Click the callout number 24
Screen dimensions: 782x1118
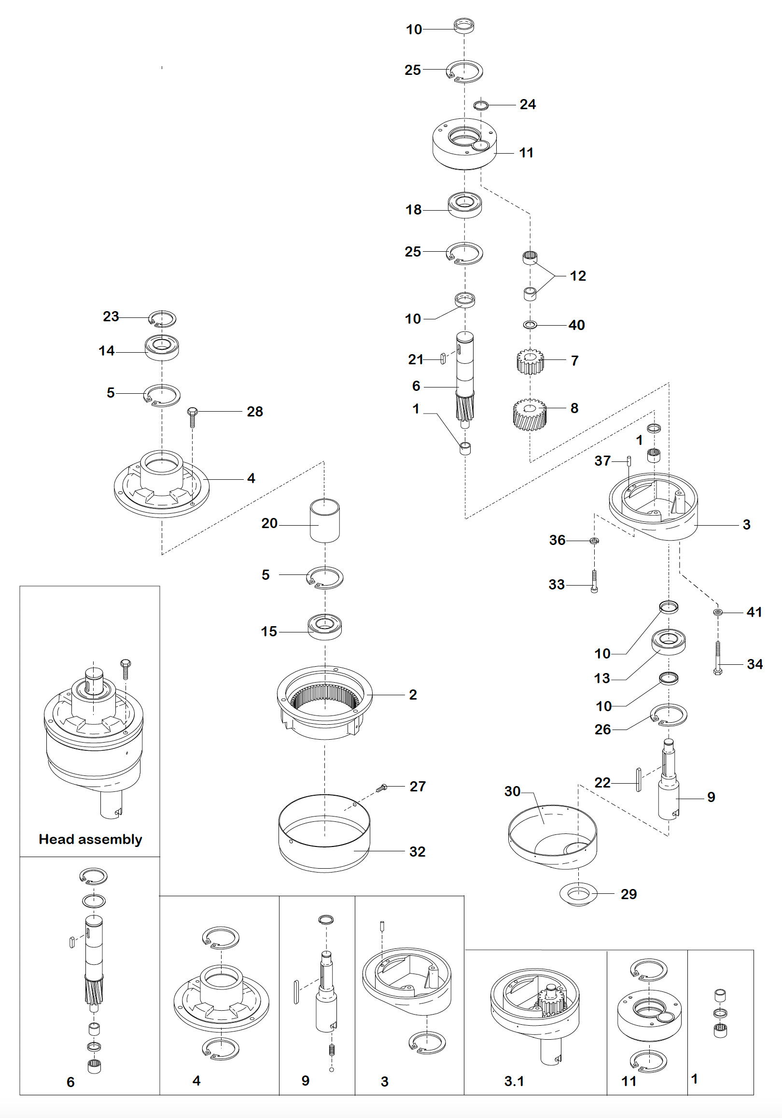[x=528, y=104]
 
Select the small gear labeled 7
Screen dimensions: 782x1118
[x=530, y=361]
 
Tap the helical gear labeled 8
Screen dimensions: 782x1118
[x=530, y=415]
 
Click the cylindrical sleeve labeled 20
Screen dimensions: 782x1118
[x=324, y=520]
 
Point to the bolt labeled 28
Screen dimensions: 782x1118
[x=192, y=417]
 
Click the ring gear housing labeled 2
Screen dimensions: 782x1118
[x=324, y=702]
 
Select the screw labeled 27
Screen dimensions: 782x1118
[x=382, y=787]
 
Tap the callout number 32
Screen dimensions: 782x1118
[x=417, y=851]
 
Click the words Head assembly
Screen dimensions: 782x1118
[x=91, y=839]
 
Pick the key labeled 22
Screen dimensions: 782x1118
[x=639, y=780]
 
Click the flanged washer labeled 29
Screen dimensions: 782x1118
[x=578, y=894]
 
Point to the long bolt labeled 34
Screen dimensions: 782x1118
[x=718, y=658]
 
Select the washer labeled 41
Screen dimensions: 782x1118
[x=718, y=612]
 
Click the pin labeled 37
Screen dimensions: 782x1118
[x=628, y=460]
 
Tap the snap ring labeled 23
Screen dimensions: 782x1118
[x=162, y=318]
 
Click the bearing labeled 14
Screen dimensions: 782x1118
[x=162, y=348]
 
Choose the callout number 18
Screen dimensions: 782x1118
[x=414, y=209]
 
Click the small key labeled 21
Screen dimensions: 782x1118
[x=443, y=358]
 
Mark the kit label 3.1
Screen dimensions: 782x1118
[x=514, y=1081]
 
